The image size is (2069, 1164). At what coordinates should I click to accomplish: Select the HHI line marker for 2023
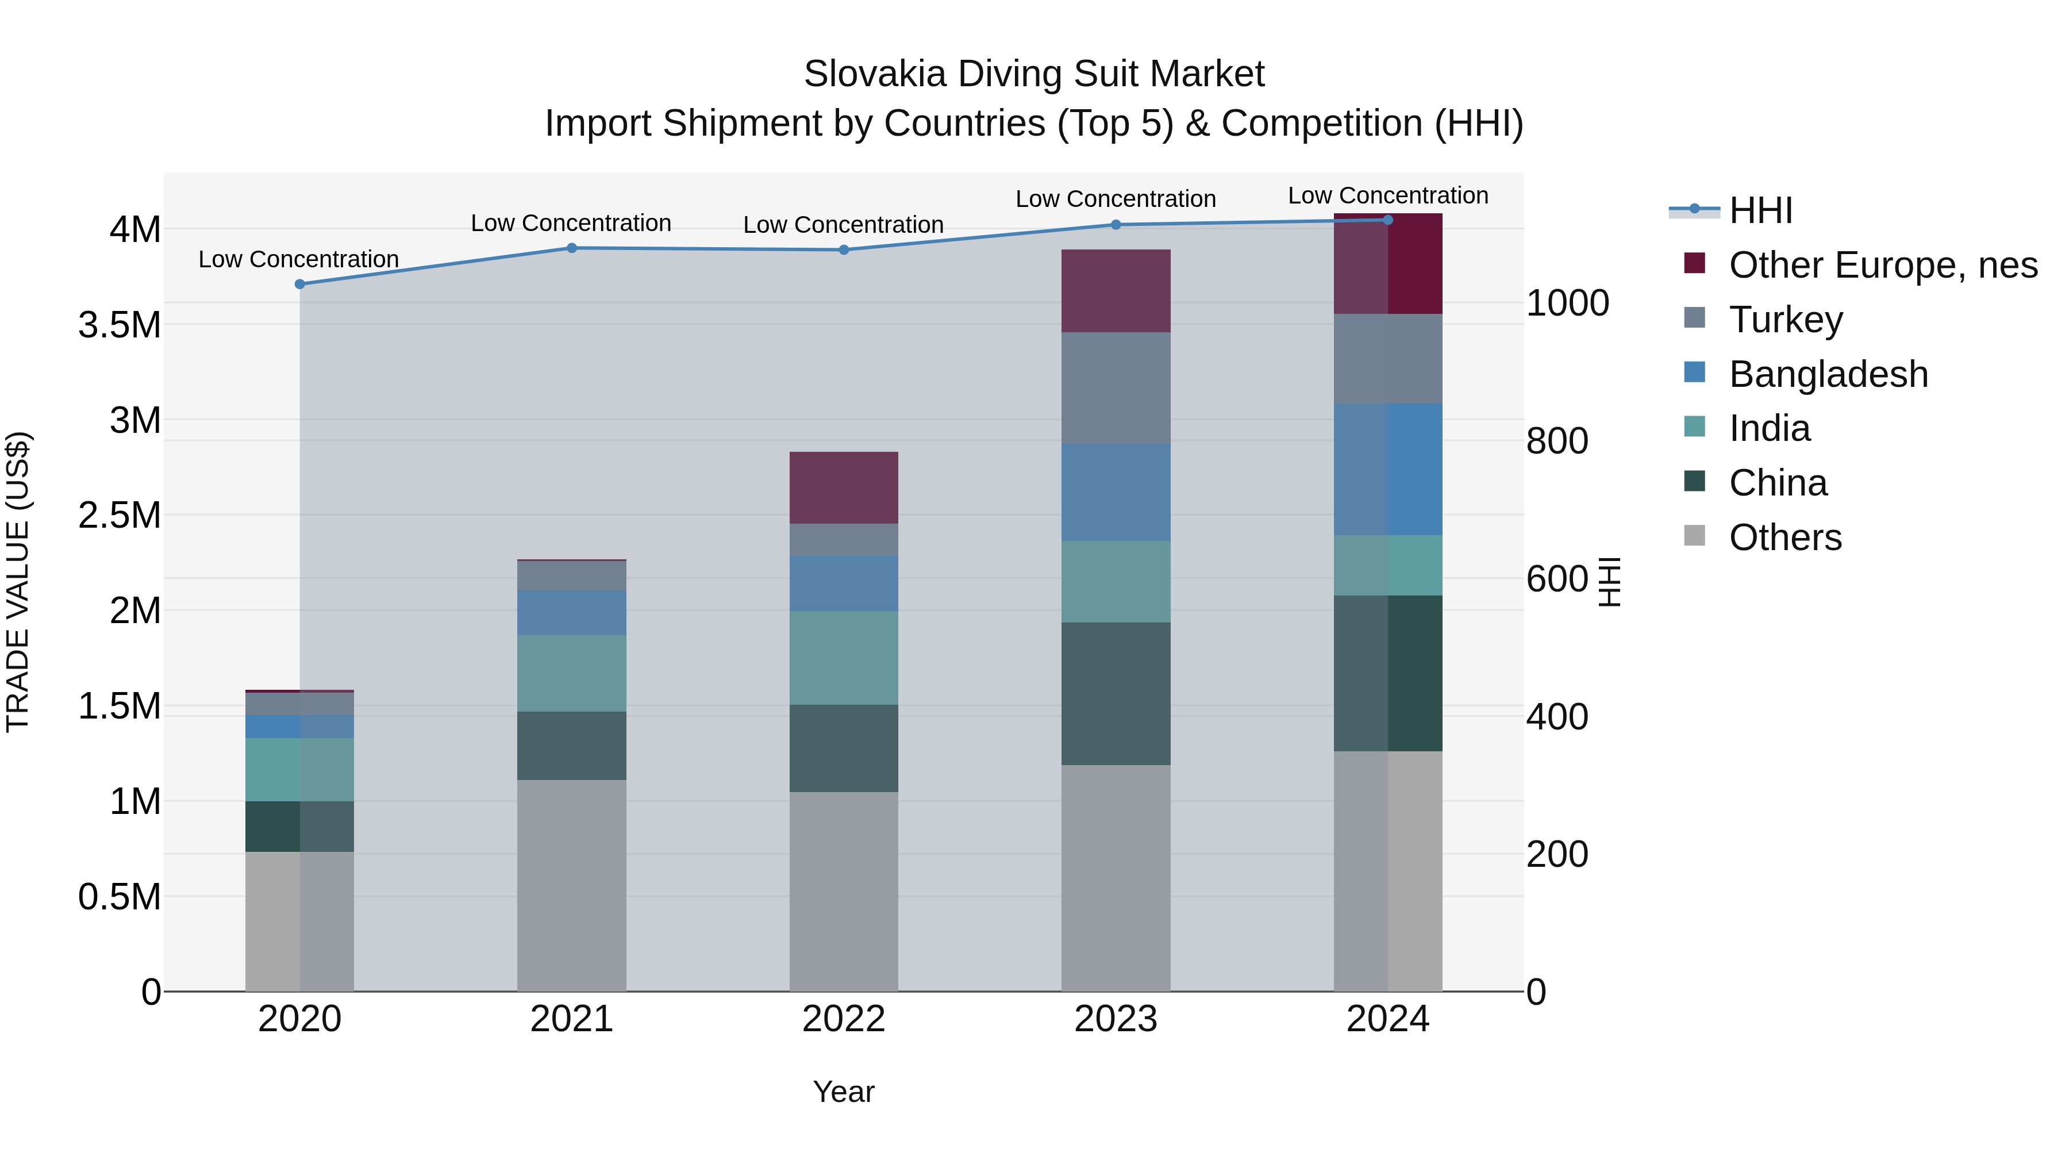[x=1116, y=225]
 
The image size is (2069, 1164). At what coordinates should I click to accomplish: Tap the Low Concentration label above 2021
[x=571, y=224]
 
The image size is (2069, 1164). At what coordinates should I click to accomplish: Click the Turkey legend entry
[x=1786, y=320]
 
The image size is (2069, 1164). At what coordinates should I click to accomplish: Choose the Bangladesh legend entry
[x=1828, y=374]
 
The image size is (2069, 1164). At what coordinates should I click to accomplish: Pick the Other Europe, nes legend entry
[x=1883, y=265]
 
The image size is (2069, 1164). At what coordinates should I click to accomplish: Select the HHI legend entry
[x=1760, y=210]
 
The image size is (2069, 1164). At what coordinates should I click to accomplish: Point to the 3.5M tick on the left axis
[x=119, y=325]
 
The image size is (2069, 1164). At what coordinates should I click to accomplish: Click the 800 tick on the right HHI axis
[x=1556, y=441]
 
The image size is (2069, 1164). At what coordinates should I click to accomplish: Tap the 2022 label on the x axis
[x=843, y=1019]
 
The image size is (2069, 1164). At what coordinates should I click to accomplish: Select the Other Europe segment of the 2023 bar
[x=1116, y=291]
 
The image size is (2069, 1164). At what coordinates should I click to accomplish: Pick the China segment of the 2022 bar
[x=843, y=748]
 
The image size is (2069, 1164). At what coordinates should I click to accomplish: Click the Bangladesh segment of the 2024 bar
[x=1388, y=469]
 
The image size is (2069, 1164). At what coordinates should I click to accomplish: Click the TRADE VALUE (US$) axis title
[x=18, y=582]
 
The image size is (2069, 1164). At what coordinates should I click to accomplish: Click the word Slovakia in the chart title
[x=875, y=74]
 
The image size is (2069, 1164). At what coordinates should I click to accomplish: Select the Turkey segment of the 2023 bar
[x=1116, y=387]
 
